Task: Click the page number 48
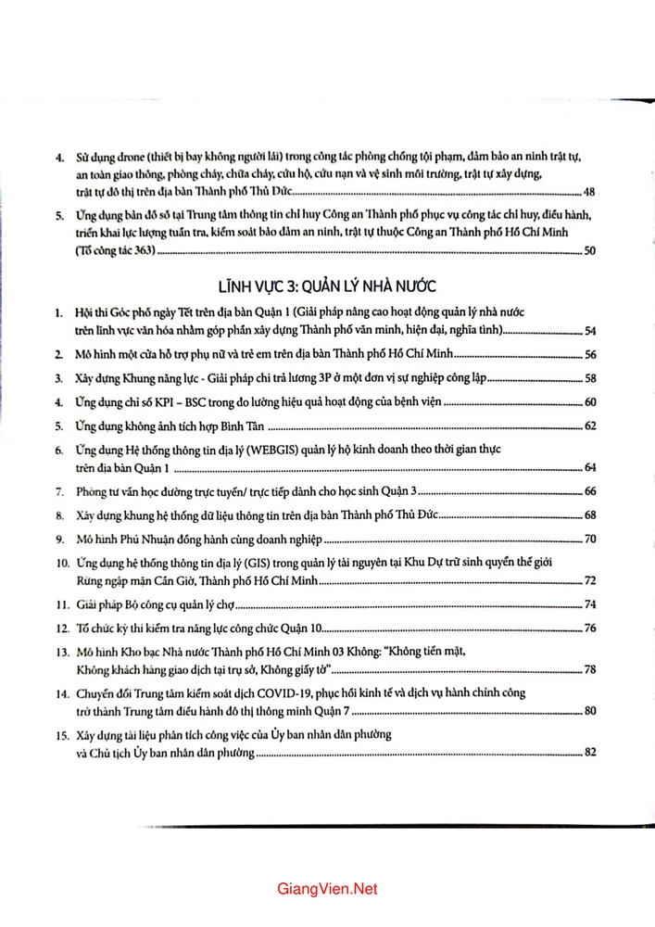tap(590, 192)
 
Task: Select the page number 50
tap(590, 250)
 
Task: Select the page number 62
tap(590, 426)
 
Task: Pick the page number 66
tap(590, 491)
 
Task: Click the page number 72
tap(590, 581)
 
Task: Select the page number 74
tap(590, 605)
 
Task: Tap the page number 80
tap(590, 711)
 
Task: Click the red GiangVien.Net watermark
tap(327, 888)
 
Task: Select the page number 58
tap(590, 378)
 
